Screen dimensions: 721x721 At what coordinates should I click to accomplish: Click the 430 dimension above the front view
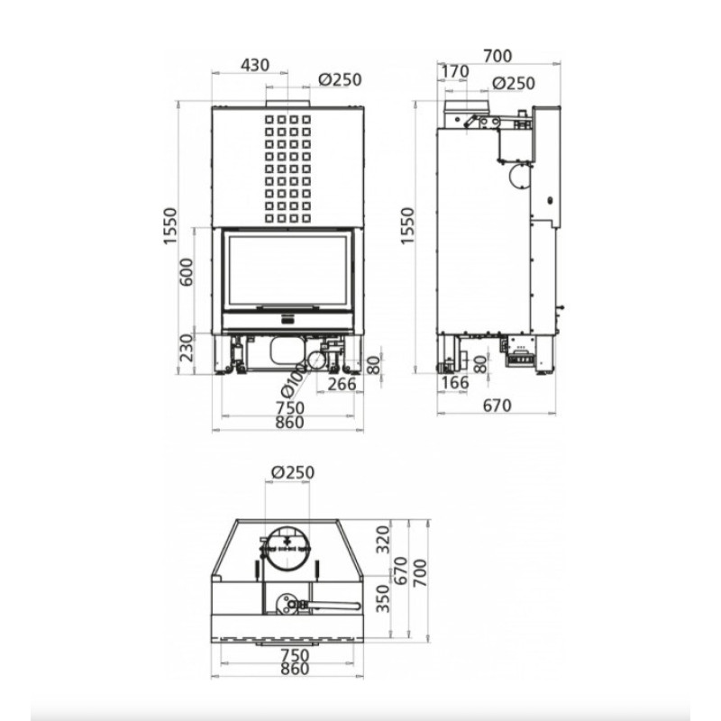255,65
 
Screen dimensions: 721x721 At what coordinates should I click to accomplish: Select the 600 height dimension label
187,272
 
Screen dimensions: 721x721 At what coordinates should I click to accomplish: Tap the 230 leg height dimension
187,347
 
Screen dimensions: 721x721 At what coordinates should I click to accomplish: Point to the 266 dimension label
342,384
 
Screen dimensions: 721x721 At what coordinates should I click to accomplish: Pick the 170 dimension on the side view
455,72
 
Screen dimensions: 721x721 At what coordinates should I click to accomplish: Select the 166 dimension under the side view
454,382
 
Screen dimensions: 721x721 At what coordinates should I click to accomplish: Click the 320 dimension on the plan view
383,539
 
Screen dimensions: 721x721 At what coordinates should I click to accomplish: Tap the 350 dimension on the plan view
383,598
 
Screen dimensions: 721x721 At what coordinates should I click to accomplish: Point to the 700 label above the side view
497,56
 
